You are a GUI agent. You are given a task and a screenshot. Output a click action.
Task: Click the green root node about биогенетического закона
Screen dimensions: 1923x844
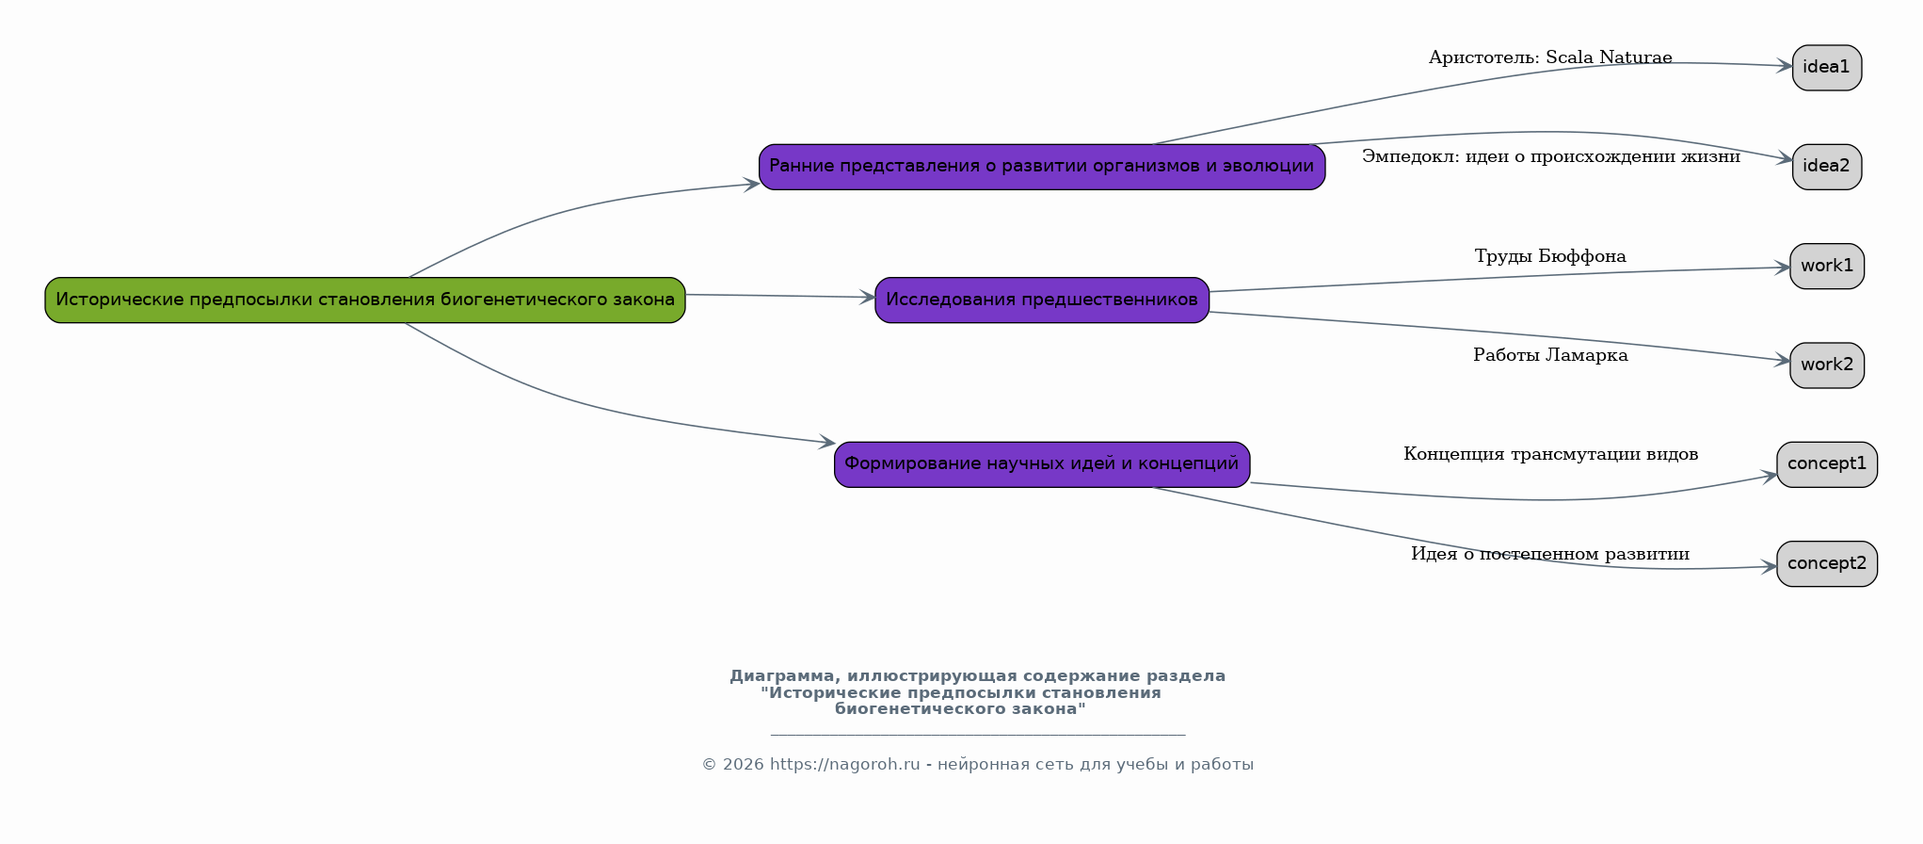coord(365,300)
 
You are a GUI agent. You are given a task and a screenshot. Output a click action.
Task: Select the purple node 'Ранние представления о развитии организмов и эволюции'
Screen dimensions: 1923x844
coord(1042,167)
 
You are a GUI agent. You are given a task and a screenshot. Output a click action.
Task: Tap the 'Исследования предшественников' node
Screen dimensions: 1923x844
coord(1042,300)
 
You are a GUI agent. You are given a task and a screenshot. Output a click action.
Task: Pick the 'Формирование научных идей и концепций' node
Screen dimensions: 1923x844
coord(1042,464)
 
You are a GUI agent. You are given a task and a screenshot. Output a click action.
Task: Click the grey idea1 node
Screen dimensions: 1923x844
coord(1827,68)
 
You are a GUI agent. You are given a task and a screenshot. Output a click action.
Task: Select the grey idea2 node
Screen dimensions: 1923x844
coord(1827,167)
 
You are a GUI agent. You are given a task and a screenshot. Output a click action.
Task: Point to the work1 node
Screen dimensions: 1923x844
coord(1827,267)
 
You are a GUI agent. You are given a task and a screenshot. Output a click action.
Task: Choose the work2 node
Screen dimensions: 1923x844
coord(1827,365)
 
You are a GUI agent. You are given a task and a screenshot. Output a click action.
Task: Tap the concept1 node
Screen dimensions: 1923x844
coord(1827,464)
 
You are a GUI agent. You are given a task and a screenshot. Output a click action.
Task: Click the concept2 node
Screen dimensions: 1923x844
coord(1827,564)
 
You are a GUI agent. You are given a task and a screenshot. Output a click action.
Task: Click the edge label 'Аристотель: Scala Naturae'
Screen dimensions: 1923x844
coord(1550,57)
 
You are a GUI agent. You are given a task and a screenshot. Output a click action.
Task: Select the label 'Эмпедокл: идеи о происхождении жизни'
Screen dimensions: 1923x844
coord(1550,156)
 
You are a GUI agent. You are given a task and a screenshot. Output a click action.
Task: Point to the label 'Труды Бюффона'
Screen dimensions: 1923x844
coord(1550,256)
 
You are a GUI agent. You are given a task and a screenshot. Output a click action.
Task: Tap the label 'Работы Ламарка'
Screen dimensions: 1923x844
coord(1550,355)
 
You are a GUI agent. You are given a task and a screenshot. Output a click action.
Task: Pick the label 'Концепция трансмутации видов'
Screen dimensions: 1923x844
coord(1550,454)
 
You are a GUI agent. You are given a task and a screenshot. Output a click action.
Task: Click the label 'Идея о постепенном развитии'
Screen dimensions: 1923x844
coord(1550,554)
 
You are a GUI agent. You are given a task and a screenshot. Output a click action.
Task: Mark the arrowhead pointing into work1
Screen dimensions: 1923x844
coord(1781,268)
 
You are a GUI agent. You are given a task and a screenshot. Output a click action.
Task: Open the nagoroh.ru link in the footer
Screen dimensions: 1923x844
coord(844,765)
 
